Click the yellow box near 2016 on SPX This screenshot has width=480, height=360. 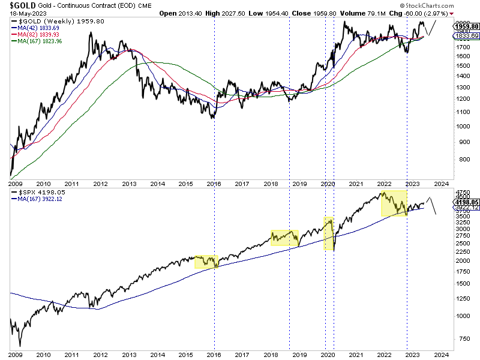tap(206, 261)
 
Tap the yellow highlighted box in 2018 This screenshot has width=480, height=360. tap(284, 238)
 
